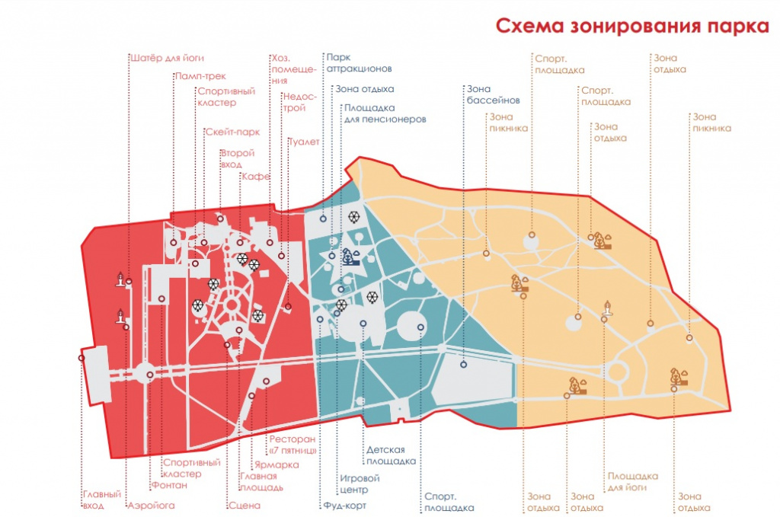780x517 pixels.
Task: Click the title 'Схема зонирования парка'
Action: [632, 26]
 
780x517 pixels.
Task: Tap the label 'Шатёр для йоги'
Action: [167, 58]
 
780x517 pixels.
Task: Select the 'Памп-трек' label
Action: [200, 76]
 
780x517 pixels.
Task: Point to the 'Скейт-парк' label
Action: [233, 132]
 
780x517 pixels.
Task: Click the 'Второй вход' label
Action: [238, 158]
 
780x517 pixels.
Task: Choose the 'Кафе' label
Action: [256, 177]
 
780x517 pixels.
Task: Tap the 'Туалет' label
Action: [304, 142]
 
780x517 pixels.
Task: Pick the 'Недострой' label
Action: [299, 102]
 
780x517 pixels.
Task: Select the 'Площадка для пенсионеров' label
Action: [385, 113]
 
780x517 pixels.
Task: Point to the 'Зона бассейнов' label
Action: [493, 94]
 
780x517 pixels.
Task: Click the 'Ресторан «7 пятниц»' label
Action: [293, 445]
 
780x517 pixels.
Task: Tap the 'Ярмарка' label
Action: [277, 465]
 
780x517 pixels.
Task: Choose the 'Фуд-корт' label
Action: [345, 506]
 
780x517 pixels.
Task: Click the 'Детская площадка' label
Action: [391, 455]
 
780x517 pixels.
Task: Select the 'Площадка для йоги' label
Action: [633, 482]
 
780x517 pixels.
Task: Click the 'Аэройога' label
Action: [152, 506]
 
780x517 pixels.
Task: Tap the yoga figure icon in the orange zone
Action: [607, 308]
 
